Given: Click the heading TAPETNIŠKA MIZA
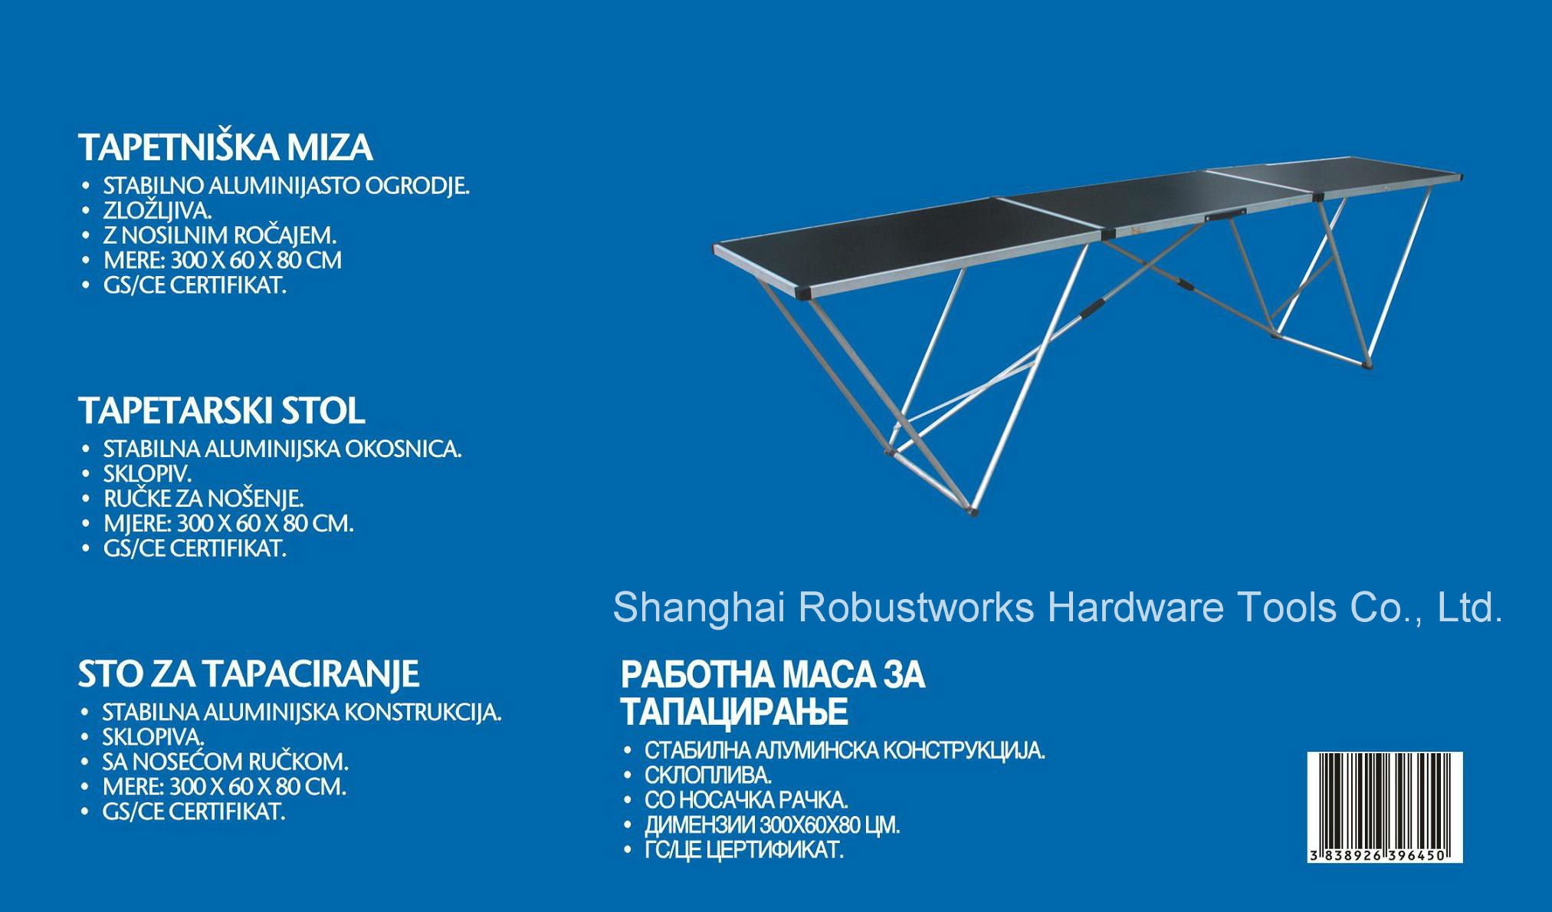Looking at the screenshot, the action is pos(225,147).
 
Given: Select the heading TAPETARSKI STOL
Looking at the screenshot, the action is pos(221,411).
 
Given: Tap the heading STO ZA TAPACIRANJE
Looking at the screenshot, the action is pos(248,674).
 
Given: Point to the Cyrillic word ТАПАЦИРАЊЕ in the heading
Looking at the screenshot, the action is pos(734,712).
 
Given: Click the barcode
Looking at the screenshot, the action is pos(1385,807).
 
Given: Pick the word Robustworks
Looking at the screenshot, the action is pos(917,607).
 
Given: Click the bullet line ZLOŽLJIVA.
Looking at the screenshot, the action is pos(158,210).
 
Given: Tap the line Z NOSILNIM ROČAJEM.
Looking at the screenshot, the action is pos(220,235).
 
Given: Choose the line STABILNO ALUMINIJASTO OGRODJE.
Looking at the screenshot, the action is pos(287,186).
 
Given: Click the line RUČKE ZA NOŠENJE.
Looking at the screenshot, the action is pos(204,499).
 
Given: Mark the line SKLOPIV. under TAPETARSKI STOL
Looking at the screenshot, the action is pos(147,473).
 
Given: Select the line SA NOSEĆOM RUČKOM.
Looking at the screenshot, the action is pos(225,762).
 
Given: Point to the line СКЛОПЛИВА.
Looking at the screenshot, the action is pos(708,775).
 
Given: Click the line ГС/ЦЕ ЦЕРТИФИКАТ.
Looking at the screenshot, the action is pos(744,850).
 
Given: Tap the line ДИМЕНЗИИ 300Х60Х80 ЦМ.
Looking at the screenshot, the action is pos(773,825).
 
